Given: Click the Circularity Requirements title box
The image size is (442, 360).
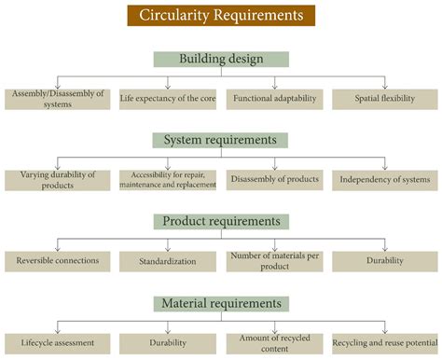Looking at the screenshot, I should [221, 15].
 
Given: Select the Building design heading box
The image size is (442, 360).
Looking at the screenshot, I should [221, 59].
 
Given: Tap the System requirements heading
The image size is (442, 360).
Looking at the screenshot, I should [221, 140].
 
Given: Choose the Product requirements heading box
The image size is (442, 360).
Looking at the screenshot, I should [221, 221].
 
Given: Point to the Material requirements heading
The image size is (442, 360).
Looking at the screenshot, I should [221, 303].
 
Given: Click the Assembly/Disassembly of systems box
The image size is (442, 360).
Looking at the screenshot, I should [57, 98].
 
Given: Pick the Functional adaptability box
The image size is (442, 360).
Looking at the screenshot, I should [275, 98].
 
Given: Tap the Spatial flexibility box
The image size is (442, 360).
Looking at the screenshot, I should [384, 98].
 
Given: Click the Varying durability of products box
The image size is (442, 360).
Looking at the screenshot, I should [57, 179].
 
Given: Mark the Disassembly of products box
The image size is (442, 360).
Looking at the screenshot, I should [275, 179].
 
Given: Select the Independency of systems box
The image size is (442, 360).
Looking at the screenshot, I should [384, 179].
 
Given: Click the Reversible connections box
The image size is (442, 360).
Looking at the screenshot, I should [57, 261].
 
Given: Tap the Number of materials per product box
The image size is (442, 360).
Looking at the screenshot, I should [275, 261].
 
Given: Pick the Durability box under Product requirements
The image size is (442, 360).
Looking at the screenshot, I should [384, 261].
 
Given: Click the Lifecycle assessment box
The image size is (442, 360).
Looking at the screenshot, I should [57, 342].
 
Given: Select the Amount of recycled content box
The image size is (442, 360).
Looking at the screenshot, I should [275, 342].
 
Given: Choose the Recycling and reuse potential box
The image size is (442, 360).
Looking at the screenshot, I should [384, 342].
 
